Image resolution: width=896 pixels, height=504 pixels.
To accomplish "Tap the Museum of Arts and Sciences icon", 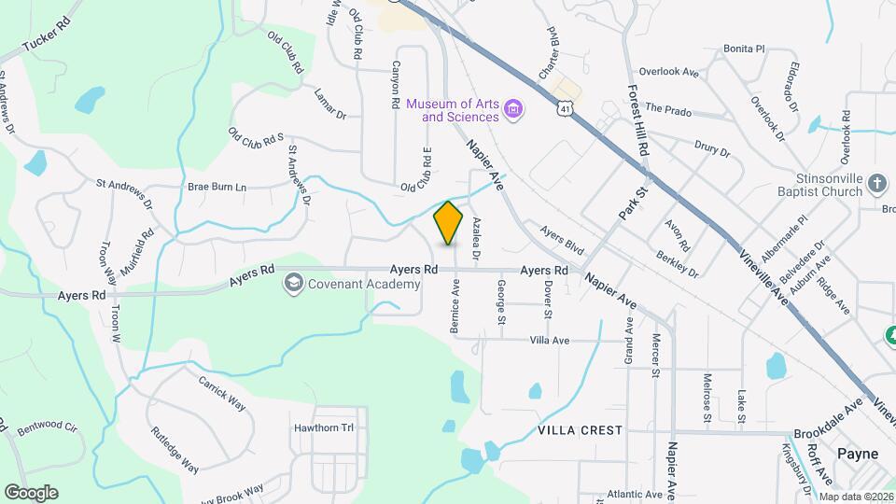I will click(512, 110).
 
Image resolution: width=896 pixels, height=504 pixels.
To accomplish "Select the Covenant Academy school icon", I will click(294, 283).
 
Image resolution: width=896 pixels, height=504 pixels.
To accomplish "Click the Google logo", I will click(31, 492).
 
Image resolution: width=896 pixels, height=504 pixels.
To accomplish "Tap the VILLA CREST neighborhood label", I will click(580, 430).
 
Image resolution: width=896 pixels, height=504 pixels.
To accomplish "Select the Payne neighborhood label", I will click(857, 454).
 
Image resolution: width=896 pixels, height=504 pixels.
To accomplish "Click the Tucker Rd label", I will click(46, 38).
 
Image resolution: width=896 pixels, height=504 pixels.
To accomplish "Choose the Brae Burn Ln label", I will click(217, 187).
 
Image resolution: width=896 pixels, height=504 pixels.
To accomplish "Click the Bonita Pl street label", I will click(744, 49).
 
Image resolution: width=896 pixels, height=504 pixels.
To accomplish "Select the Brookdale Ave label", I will click(828, 422).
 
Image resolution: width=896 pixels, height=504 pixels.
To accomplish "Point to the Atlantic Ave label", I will click(634, 494).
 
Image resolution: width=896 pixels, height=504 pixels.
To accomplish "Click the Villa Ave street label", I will click(549, 341).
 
